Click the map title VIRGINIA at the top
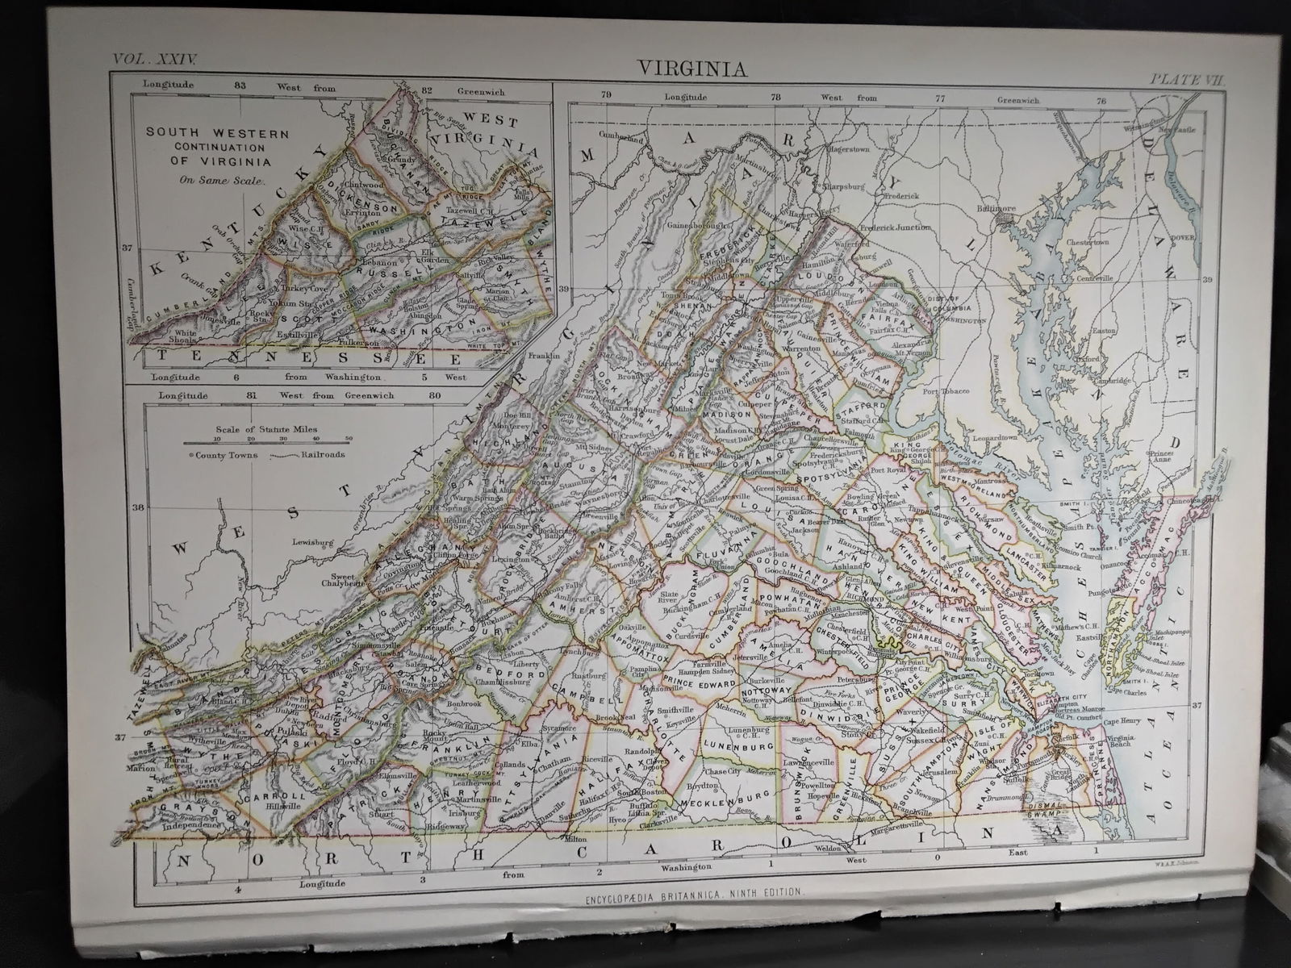693,69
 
